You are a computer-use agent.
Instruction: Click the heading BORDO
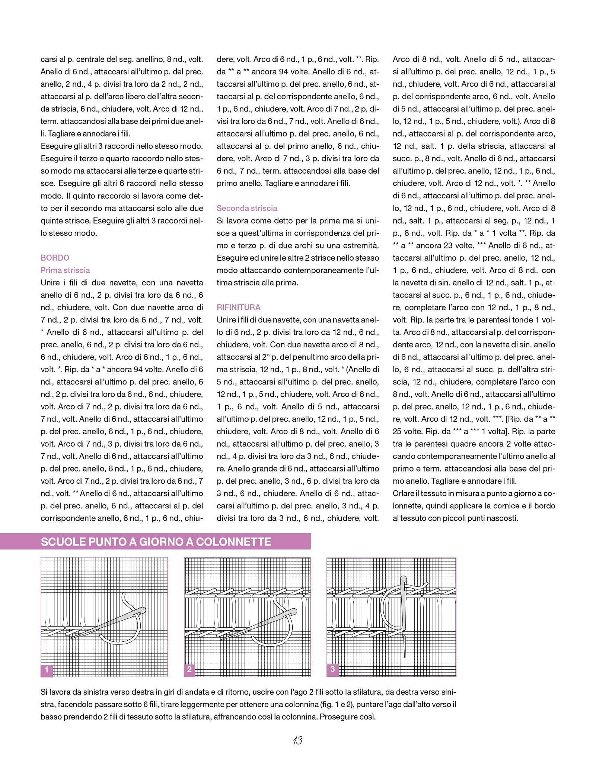[55, 258]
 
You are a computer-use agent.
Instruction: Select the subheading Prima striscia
[65, 270]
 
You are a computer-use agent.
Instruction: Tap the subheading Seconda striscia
[247, 208]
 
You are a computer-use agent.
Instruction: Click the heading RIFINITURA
[239, 308]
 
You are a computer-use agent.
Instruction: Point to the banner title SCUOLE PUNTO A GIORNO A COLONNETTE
[156, 542]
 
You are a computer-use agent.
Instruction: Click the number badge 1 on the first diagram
[47, 670]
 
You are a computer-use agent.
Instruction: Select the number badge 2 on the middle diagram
[189, 670]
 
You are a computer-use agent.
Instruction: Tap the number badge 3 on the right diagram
[332, 669]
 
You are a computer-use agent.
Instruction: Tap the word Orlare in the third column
[404, 493]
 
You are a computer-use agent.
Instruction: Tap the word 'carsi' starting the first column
[48, 59]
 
